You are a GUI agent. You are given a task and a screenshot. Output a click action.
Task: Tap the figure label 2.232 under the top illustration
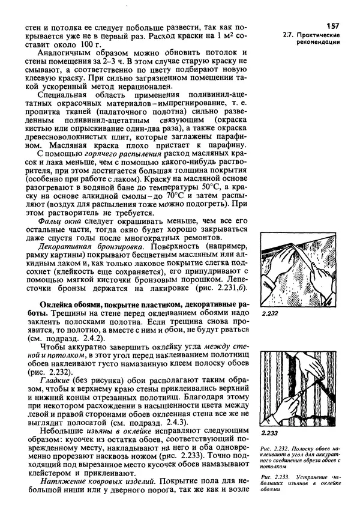pyautogui.click(x=269, y=313)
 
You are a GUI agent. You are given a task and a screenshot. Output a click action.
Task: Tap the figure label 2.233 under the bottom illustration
pyautogui.click(x=269, y=433)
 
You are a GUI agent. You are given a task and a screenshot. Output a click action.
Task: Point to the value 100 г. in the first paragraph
pyautogui.click(x=89, y=44)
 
